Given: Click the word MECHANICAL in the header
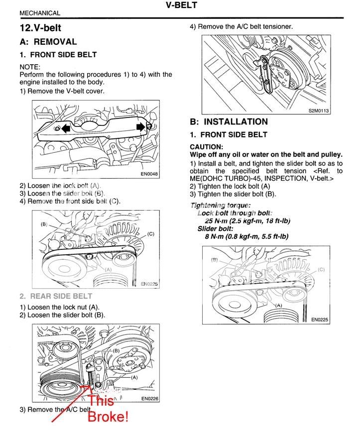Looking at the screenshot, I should [x=40, y=13].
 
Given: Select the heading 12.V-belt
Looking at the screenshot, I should [x=40, y=28].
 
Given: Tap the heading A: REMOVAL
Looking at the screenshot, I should [x=48, y=42].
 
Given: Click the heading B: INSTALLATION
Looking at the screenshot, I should [x=229, y=121].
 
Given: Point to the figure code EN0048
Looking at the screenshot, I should [x=149, y=174].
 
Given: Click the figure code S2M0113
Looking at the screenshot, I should [x=319, y=111].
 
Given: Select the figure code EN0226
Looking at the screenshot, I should [x=149, y=398].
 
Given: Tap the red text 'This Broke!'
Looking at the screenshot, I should [x=108, y=409].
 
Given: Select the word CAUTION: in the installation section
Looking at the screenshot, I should [x=207, y=147].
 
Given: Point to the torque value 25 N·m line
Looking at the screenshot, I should [x=247, y=221].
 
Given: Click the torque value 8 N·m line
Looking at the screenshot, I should [x=246, y=236].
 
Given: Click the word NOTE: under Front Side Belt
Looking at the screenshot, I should [x=30, y=67].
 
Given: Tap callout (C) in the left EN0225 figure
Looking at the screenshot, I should [x=150, y=233].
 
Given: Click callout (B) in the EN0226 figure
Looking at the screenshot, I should [x=116, y=350].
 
